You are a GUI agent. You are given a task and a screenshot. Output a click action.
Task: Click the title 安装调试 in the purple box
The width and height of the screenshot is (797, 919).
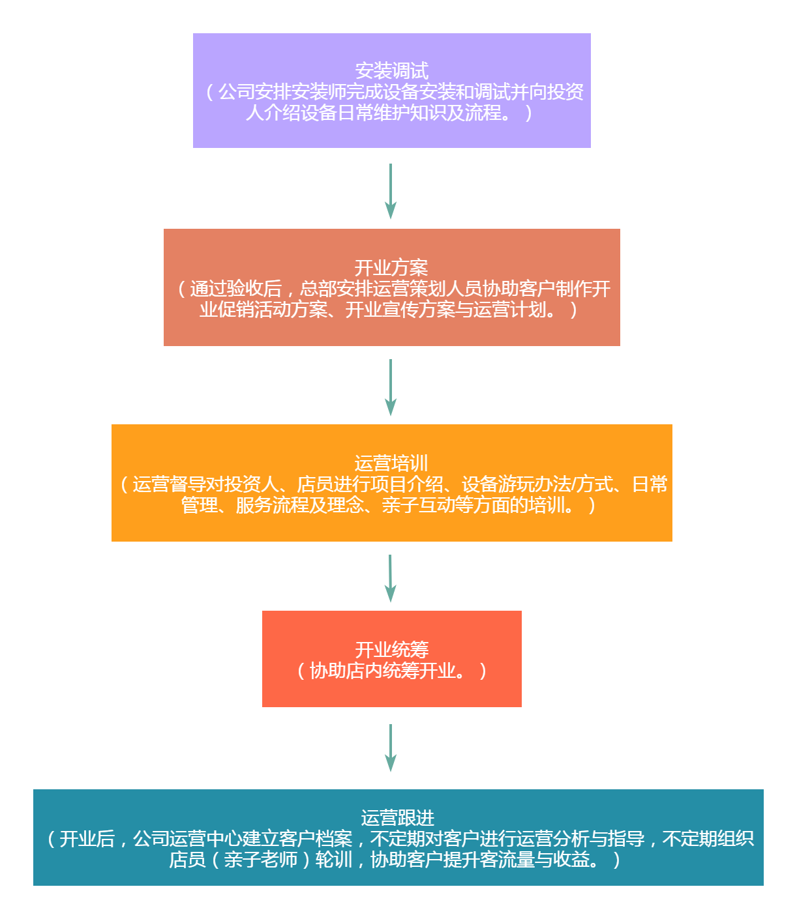(391, 70)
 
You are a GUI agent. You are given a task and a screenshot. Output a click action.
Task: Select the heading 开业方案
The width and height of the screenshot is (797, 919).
(391, 267)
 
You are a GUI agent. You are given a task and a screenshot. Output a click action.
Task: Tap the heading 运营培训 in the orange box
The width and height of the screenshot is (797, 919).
(391, 463)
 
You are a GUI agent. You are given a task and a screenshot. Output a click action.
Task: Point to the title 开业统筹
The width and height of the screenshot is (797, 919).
(391, 649)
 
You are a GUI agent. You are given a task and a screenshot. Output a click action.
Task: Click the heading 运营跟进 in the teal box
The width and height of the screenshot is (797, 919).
(397, 817)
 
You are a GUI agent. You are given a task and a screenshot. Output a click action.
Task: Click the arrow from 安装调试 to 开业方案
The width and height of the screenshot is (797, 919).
(391, 190)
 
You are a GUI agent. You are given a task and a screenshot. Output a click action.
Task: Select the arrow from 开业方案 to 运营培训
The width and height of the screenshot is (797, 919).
(391, 387)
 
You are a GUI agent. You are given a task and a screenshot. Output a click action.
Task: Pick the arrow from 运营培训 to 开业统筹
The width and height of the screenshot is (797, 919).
(391, 578)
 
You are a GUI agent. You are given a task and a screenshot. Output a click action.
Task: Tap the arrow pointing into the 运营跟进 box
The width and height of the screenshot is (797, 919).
(391, 747)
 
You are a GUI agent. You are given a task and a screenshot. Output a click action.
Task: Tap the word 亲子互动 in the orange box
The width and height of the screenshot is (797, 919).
(417, 505)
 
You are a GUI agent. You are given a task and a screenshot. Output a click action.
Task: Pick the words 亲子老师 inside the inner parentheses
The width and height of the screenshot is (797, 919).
(260, 860)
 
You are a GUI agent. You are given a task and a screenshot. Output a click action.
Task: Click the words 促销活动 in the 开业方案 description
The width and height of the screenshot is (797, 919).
(254, 310)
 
